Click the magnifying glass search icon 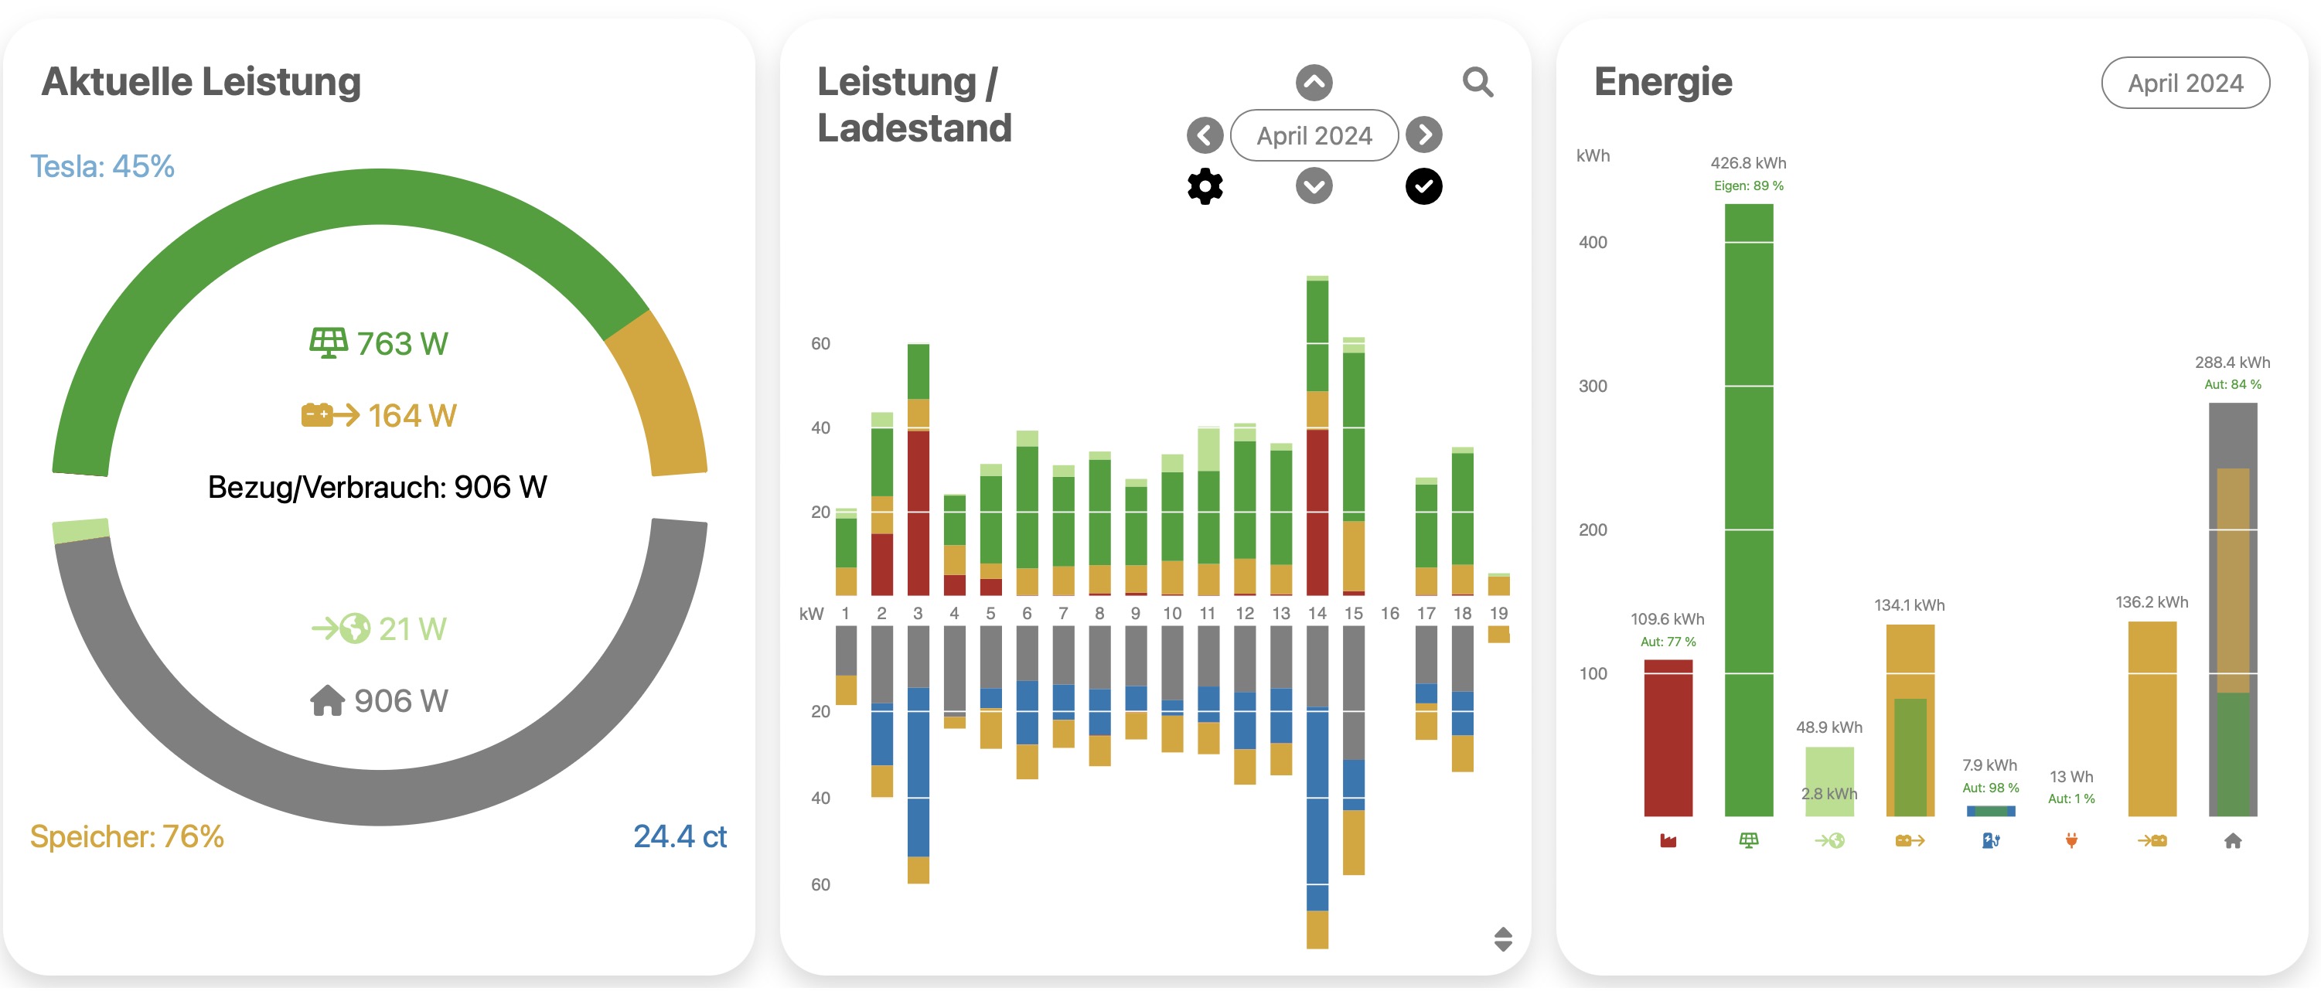point(1477,82)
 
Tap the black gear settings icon point(1205,186)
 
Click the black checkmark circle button point(1423,186)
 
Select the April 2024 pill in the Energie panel point(2185,83)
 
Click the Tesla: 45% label point(102,167)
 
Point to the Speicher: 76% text point(126,836)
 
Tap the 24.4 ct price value point(680,836)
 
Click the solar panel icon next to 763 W point(328,343)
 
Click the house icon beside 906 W point(327,700)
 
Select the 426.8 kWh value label point(1748,163)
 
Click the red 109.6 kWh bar point(1668,738)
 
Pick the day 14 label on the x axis point(1317,614)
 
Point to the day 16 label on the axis point(1389,614)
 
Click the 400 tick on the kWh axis point(1592,243)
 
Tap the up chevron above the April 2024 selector point(1314,83)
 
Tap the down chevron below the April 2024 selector point(1314,186)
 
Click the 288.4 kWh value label point(2232,363)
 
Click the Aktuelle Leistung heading point(201,82)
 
